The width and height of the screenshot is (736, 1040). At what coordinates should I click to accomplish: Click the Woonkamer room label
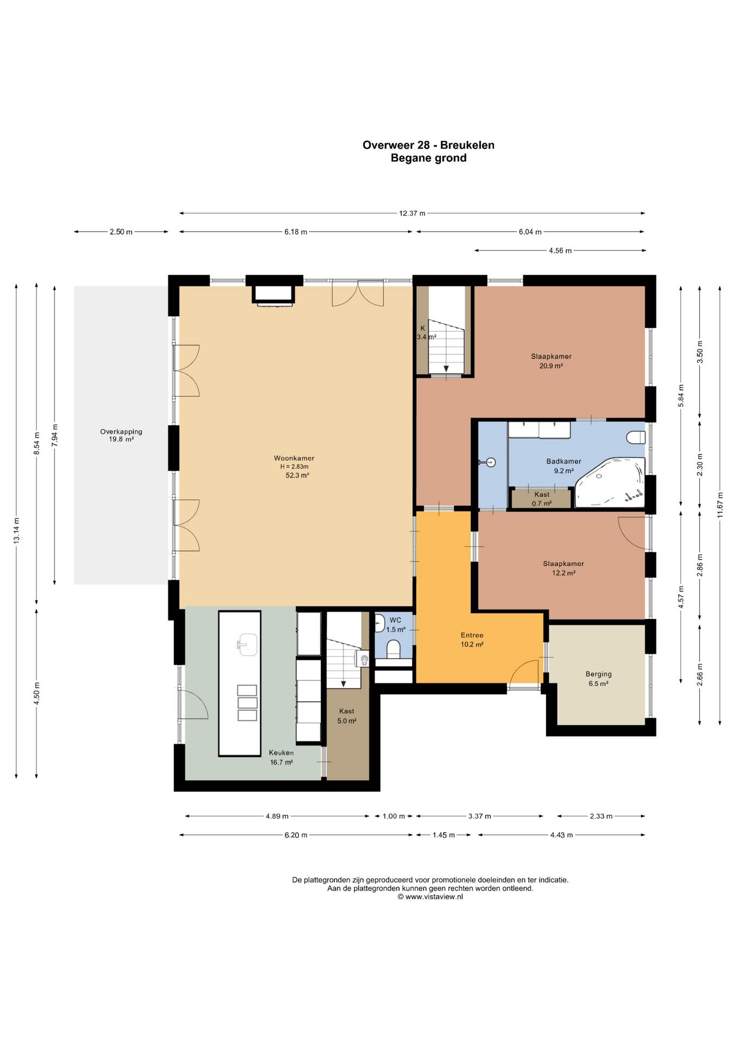click(294, 458)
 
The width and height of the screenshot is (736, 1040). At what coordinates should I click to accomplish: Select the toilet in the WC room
click(394, 649)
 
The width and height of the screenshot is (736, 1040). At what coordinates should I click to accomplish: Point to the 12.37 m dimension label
click(412, 213)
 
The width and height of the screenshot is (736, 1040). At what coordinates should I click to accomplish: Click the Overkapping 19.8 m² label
click(121, 435)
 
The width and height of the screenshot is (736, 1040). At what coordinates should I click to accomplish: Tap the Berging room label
click(598, 674)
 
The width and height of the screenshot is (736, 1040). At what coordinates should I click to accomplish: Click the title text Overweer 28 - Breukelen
click(428, 145)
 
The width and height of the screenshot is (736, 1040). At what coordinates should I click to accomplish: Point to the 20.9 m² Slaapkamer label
click(551, 361)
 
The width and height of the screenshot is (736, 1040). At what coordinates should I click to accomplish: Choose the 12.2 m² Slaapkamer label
click(564, 568)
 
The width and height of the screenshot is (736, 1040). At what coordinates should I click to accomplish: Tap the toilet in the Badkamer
click(636, 437)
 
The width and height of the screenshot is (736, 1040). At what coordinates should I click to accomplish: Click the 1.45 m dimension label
click(443, 835)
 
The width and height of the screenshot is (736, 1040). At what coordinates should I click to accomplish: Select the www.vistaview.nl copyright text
click(430, 896)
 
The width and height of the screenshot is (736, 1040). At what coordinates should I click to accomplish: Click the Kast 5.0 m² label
click(347, 716)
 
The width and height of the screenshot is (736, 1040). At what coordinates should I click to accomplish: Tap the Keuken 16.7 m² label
click(281, 757)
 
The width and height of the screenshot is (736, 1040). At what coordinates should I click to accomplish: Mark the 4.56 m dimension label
click(560, 250)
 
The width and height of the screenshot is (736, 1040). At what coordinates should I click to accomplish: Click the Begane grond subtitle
click(429, 158)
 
